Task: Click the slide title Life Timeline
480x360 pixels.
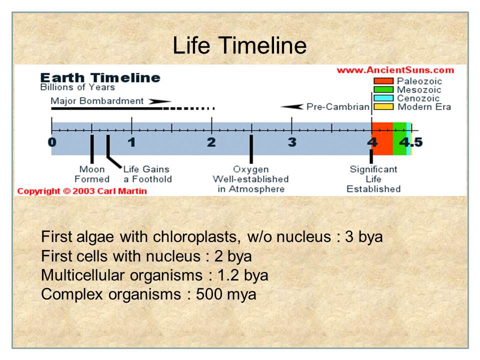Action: coord(239,45)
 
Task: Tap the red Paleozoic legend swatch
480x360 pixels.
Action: coord(383,81)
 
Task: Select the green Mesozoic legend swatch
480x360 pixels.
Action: coord(383,89)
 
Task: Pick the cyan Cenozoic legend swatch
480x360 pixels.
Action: coord(383,98)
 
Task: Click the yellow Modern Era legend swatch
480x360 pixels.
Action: coord(383,106)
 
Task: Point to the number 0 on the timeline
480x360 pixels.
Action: coord(52,142)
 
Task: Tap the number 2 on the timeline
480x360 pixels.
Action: coord(211,142)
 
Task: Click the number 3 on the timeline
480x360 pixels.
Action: coord(292,142)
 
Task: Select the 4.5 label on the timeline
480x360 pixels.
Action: coord(411,142)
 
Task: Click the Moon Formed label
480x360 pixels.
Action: coord(92,174)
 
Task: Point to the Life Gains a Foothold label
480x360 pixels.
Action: coord(147,174)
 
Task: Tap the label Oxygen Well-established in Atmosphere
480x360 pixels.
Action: coord(250,179)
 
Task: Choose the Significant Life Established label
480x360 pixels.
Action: coord(373,179)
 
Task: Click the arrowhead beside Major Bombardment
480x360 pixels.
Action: coord(160,101)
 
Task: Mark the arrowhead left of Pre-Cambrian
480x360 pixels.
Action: coord(292,106)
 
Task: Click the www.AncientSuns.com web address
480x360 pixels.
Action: coord(395,70)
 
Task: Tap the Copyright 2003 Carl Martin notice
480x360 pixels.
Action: coord(82,191)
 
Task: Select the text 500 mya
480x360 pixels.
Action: coord(226,294)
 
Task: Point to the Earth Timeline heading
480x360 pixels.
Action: coord(100,78)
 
